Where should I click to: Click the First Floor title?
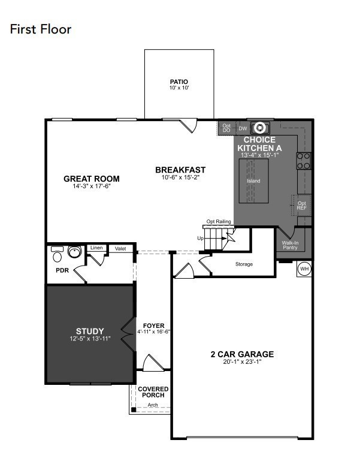[41, 29]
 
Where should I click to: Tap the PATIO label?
[179, 82]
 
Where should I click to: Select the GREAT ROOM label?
[92, 179]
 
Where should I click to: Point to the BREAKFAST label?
[180, 170]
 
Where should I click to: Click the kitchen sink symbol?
[261, 127]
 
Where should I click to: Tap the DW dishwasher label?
[243, 128]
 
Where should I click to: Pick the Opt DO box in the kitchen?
[226, 128]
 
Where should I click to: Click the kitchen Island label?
[253, 180]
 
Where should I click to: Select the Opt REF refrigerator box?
[302, 205]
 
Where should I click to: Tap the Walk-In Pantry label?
[290, 245]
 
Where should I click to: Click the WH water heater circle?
[304, 269]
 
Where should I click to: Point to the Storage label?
[244, 264]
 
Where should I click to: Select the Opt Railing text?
[219, 222]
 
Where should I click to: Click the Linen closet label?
[96, 248]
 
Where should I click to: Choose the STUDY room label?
[90, 331]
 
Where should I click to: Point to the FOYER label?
[154, 326]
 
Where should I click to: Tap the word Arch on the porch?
[153, 406]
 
